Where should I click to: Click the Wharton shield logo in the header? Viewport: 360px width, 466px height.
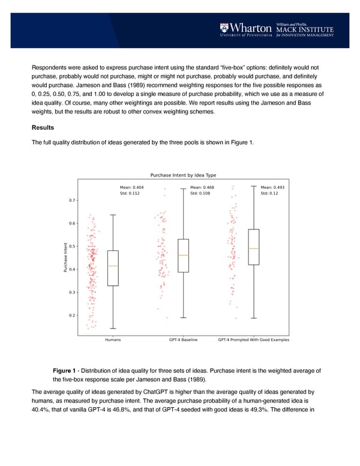coord(224,27)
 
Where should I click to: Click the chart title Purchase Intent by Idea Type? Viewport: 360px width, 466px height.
coord(183,175)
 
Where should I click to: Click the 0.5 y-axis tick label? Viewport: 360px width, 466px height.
coord(73,246)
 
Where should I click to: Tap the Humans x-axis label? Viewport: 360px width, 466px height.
coord(112,340)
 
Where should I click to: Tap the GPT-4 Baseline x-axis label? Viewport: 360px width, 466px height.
coord(183,340)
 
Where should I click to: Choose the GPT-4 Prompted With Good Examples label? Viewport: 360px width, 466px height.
coord(253,340)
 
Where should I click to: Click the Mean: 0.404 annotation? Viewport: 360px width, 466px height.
coord(131,187)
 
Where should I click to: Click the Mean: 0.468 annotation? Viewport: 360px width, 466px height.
coord(202,187)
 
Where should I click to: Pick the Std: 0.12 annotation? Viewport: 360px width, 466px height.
coord(269,193)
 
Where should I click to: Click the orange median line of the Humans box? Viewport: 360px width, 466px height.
coord(113,265)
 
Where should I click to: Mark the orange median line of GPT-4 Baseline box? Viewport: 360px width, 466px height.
coord(183,255)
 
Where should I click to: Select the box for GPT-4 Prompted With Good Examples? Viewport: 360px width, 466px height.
coord(254,246)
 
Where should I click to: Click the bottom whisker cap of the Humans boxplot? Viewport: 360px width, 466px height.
coord(113,328)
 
